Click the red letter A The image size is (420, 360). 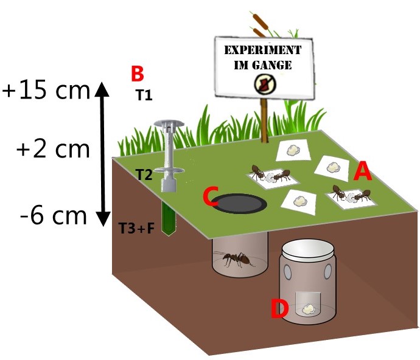[362, 171]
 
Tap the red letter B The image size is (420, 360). [138, 74]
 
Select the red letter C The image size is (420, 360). [210, 197]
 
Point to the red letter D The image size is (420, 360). [279, 308]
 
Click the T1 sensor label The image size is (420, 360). [144, 95]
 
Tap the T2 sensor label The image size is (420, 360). [144, 175]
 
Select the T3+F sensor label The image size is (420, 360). [136, 229]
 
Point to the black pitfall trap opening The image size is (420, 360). [242, 204]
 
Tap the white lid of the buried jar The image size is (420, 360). [307, 249]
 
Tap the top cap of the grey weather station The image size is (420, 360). [167, 124]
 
